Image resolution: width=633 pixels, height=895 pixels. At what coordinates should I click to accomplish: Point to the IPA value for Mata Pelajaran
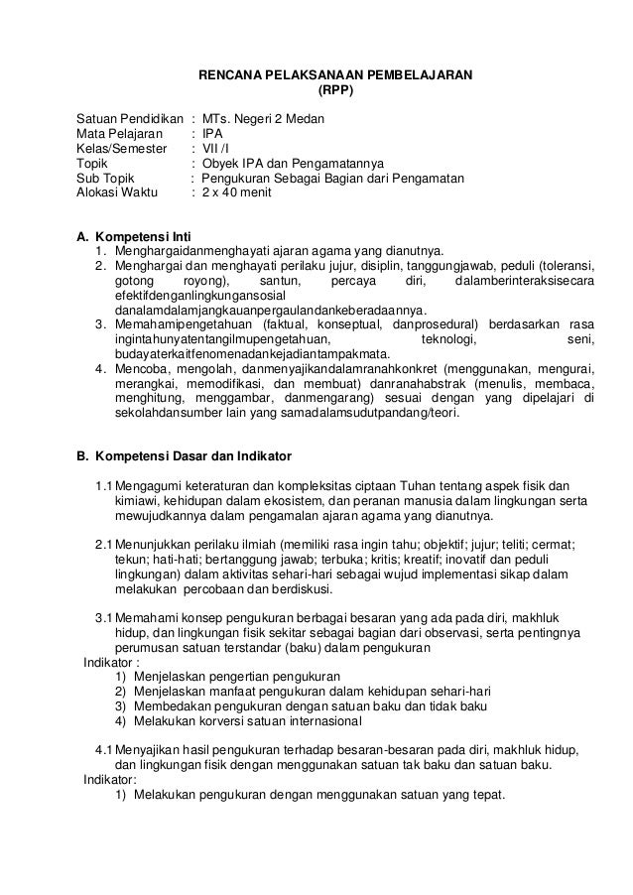[213, 134]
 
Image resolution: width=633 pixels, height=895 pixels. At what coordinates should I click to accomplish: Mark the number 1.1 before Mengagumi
[103, 486]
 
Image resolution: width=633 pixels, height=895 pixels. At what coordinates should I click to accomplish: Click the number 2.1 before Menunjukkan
[103, 546]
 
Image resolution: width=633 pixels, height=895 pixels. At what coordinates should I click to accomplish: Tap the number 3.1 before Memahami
[103, 620]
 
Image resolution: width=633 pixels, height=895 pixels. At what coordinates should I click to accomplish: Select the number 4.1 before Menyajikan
[103, 750]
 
